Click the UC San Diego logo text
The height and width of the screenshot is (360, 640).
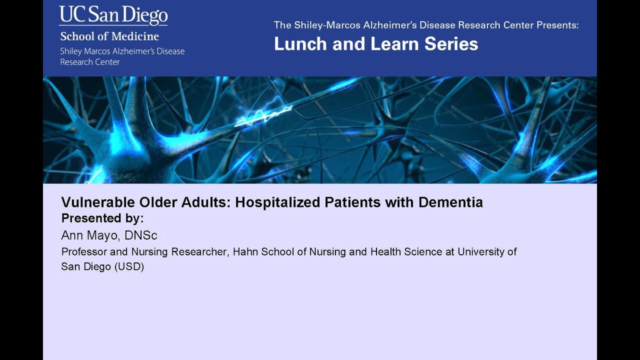(113, 15)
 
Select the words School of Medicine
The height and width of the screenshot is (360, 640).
(109, 36)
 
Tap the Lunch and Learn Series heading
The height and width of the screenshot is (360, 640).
(376, 44)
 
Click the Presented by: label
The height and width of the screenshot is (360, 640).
(102, 218)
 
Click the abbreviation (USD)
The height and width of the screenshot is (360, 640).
(129, 266)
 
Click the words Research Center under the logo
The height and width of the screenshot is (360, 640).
(90, 62)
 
